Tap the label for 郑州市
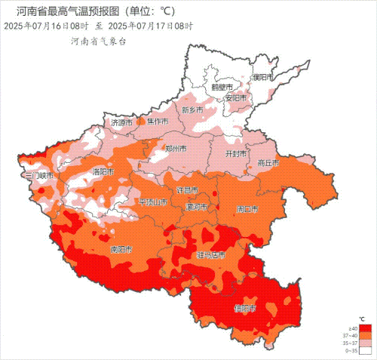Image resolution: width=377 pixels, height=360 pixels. (174, 149)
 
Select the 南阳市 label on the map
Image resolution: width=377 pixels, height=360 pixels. (121, 248)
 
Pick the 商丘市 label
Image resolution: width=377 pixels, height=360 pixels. (268, 162)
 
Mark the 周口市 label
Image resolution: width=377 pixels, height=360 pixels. (247, 208)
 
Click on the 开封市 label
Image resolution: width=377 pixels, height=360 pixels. (237, 153)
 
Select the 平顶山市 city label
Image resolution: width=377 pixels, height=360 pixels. (153, 202)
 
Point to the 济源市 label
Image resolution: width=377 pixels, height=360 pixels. (121, 122)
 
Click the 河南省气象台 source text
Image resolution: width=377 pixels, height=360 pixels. (93, 42)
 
